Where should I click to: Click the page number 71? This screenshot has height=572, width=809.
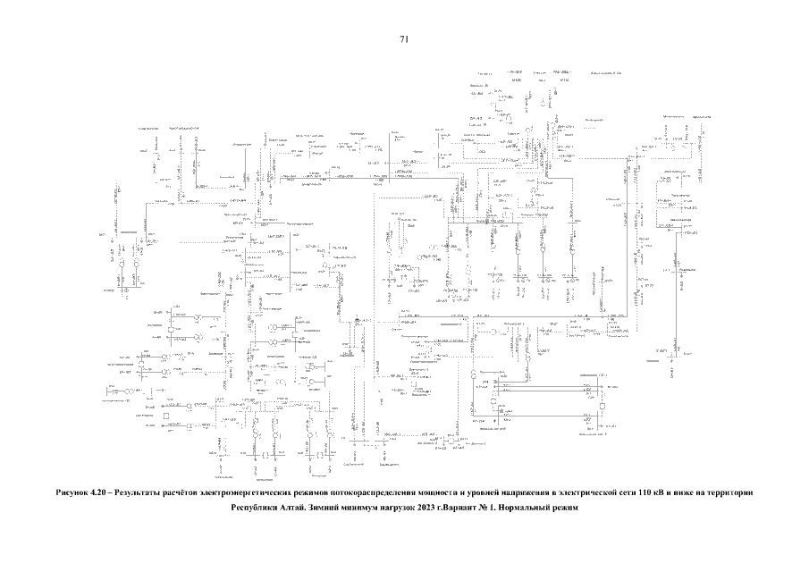click(404, 39)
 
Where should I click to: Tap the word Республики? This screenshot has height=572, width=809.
click(258, 509)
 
